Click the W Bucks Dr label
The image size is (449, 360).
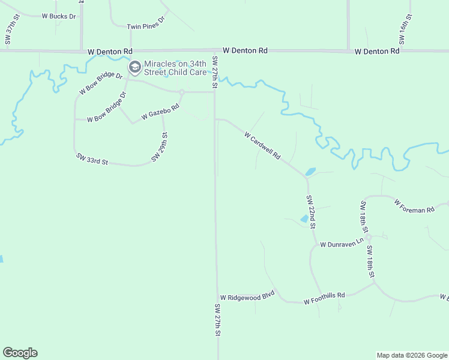coord(59,16)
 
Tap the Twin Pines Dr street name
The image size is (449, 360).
coord(146,27)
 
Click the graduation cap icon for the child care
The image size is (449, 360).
coord(135,67)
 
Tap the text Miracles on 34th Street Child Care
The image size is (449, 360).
coord(175,68)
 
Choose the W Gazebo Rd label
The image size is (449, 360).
coord(160,112)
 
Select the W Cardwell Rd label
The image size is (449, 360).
coord(263,146)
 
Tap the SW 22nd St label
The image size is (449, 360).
coord(311,212)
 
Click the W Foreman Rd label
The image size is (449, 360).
coord(414,206)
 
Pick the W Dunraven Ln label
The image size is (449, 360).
coord(342,244)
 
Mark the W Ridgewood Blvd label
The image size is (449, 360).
coord(247,297)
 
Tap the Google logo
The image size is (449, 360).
coord(20,353)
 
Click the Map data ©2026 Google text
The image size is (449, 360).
coord(412,355)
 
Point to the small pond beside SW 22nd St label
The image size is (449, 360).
coord(304,219)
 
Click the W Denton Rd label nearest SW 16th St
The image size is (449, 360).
coord(377,52)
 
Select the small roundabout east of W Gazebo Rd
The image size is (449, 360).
coord(181,92)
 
